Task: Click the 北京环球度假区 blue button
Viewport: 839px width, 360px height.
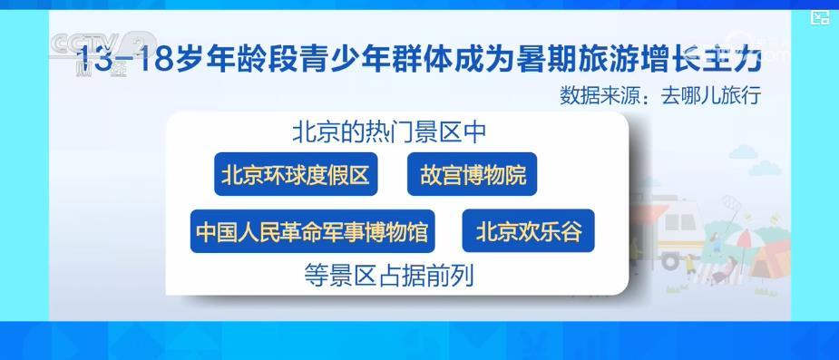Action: point(296,176)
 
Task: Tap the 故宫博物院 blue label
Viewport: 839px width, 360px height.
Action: point(473,176)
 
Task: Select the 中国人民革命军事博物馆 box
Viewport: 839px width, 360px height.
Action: point(313,233)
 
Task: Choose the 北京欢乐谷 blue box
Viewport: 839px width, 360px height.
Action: point(529,233)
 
